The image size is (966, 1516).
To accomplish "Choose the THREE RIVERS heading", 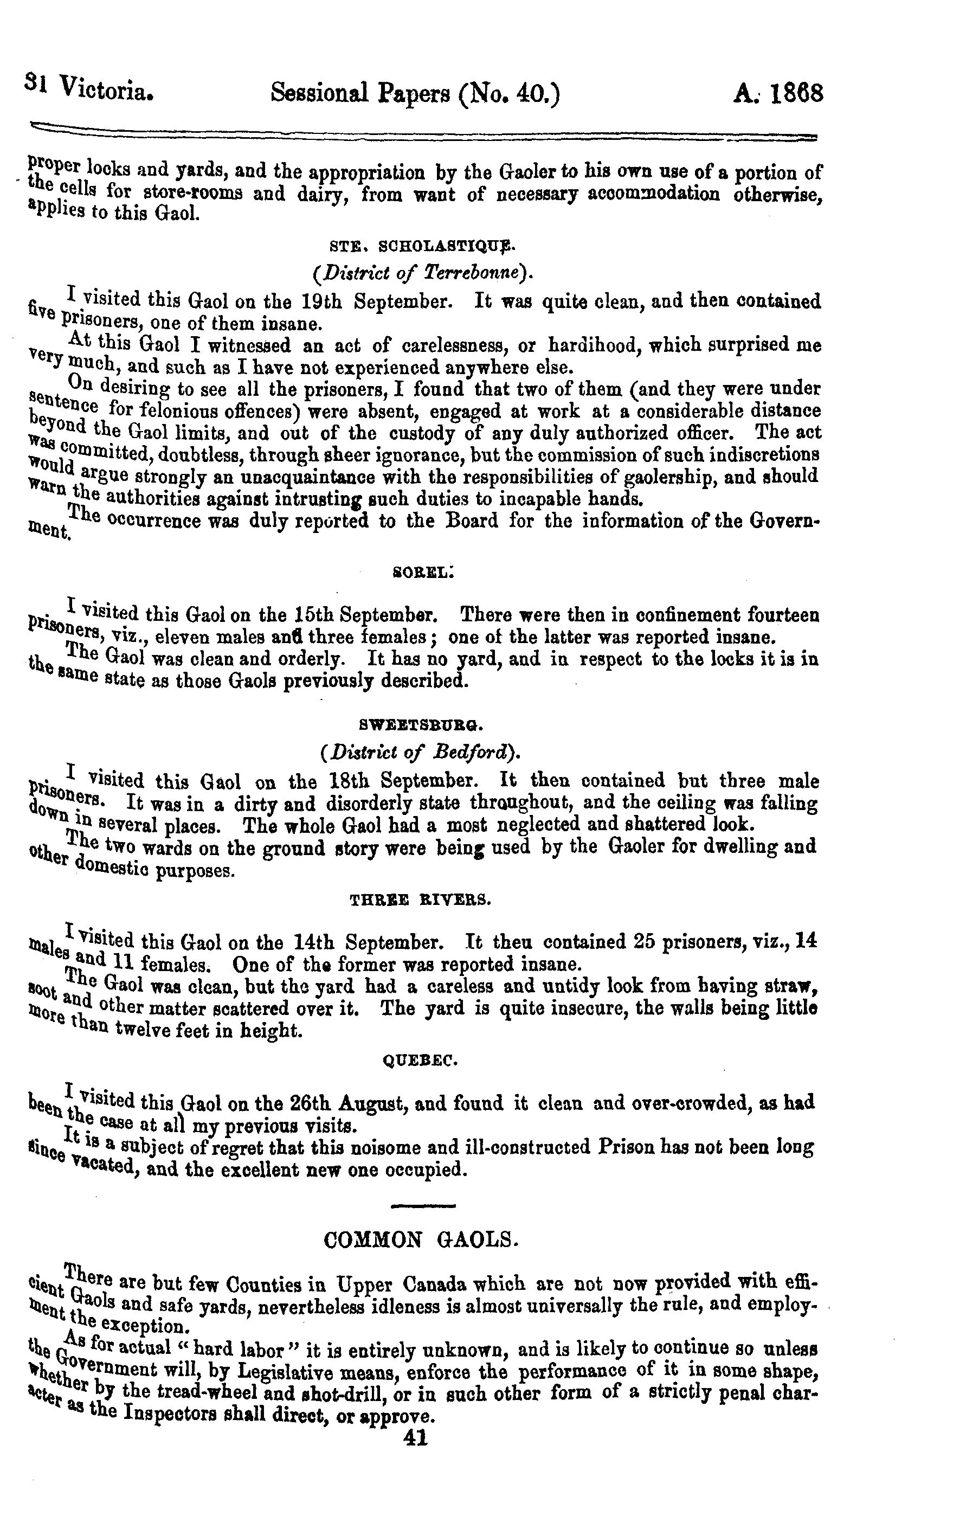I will [420, 900].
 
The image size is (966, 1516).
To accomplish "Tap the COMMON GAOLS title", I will [420, 1239].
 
